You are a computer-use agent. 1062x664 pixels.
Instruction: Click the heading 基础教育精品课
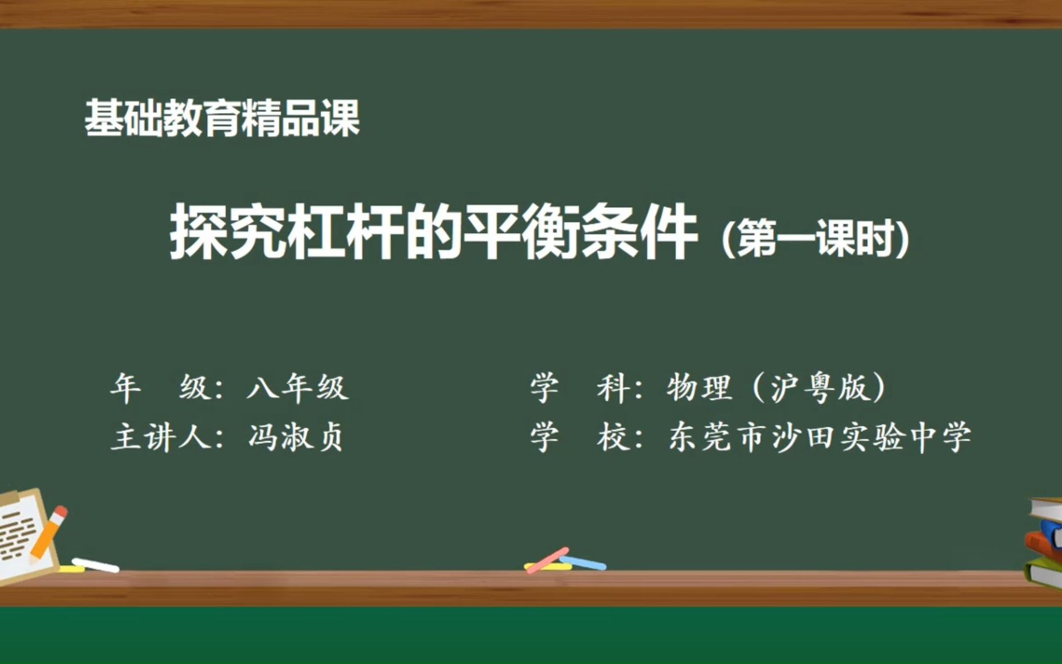click(222, 118)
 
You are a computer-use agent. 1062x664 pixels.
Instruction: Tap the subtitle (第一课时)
click(815, 239)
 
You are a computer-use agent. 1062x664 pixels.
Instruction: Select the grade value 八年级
click(297, 388)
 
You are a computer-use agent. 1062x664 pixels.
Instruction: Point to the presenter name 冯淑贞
click(296, 438)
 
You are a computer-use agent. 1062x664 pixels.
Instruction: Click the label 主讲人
click(161, 438)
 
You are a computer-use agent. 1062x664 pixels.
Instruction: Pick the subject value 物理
click(699, 388)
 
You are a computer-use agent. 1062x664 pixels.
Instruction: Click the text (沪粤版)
click(818, 388)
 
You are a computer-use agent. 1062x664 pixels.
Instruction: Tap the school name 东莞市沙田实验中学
click(819, 438)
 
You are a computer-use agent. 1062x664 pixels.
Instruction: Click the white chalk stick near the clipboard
click(96, 565)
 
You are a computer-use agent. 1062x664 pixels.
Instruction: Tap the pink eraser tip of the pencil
click(60, 512)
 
